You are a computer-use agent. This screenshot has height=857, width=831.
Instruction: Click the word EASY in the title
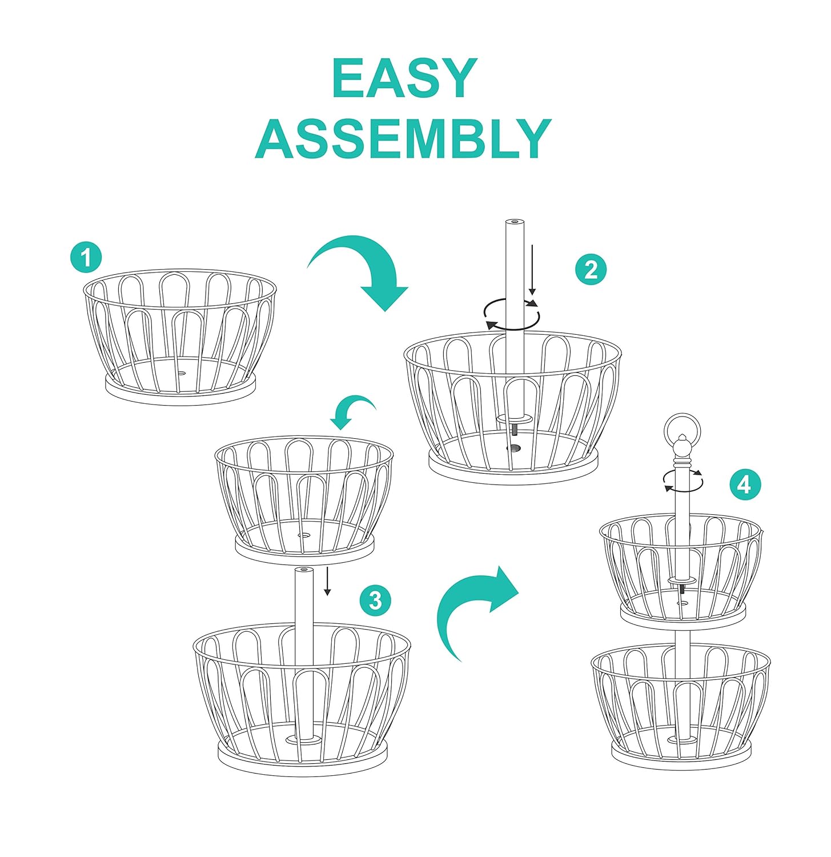(404, 79)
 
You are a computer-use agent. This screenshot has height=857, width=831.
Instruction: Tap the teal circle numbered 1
(86, 258)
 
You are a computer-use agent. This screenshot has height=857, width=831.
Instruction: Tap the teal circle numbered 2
(591, 269)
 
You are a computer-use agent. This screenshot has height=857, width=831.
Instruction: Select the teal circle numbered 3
(375, 600)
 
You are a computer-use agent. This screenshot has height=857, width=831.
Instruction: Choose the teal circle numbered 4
(745, 484)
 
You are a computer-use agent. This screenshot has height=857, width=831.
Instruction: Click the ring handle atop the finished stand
(682, 428)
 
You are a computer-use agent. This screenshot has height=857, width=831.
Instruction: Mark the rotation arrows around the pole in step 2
(512, 314)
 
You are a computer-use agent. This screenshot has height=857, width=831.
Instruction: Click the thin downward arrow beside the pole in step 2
(532, 269)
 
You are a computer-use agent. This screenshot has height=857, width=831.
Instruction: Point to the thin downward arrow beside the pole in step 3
(327, 582)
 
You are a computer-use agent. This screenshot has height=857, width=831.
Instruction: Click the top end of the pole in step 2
(515, 222)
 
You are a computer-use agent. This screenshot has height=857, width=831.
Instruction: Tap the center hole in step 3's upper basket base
(303, 536)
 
